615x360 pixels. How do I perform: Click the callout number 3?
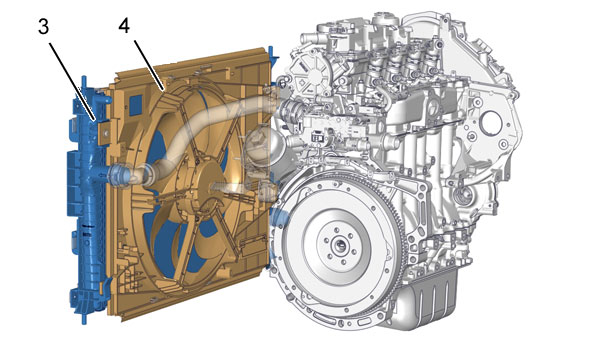coord(44,27)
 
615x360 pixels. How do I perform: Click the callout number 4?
coord(124,26)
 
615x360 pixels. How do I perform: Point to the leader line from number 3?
coord(72,82)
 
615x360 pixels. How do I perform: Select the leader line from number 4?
coord(149,65)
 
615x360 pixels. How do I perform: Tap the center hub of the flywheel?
coord(339,246)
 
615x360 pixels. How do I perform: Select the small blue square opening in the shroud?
coord(136,105)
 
